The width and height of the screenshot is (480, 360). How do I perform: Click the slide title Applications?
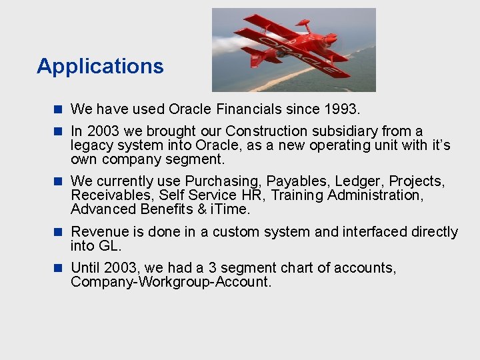(100, 66)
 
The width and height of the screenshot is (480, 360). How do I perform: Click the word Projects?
(417, 181)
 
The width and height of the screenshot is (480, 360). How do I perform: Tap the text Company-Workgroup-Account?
(171, 282)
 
